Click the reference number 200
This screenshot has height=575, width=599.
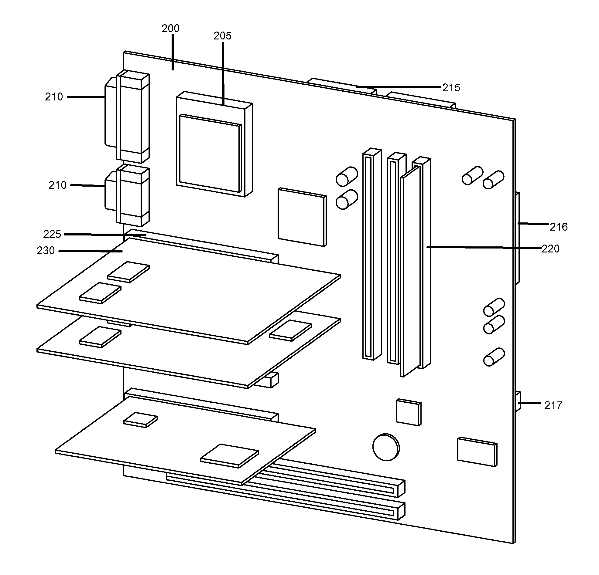(x=170, y=29)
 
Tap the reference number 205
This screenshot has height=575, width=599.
(x=222, y=36)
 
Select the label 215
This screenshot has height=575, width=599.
(x=451, y=88)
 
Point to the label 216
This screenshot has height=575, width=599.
(x=559, y=227)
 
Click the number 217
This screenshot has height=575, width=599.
(x=553, y=405)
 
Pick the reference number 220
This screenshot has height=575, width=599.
(x=550, y=249)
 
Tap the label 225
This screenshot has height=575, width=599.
(x=52, y=234)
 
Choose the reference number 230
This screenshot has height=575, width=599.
(x=46, y=251)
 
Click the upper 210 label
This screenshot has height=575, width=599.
(x=54, y=97)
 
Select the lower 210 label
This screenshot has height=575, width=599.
(x=57, y=185)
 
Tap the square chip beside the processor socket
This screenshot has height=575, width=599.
(x=302, y=217)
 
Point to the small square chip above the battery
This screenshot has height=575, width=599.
(x=408, y=412)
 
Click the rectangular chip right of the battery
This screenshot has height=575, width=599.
(x=477, y=452)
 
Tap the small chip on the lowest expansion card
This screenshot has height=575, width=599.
(x=141, y=420)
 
